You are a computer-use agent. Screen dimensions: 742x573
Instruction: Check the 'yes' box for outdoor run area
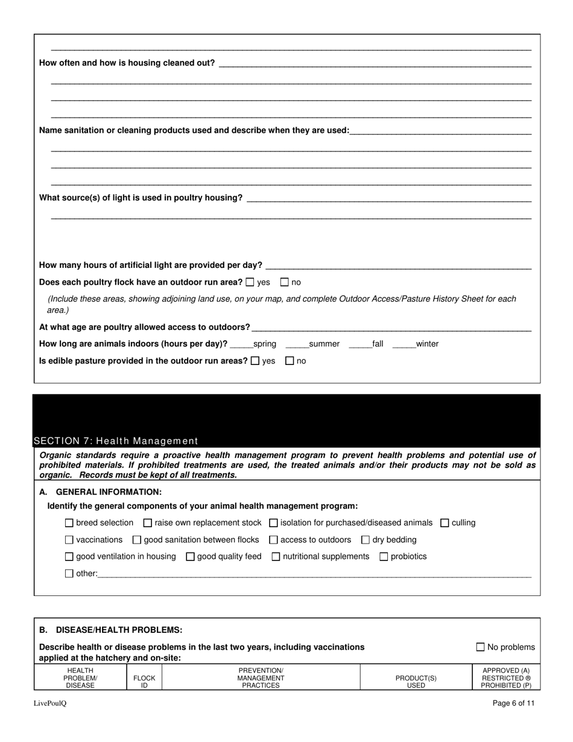(250, 282)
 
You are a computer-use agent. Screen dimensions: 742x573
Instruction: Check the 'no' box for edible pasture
(290, 361)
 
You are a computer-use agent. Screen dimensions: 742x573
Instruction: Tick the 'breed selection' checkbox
(69, 523)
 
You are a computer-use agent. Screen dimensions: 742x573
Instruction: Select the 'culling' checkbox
(445, 523)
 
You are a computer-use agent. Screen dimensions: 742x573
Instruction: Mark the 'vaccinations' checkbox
(69, 540)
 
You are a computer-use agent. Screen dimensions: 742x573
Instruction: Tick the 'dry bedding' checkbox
(366, 540)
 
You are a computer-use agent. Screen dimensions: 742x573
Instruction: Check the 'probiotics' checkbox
(384, 557)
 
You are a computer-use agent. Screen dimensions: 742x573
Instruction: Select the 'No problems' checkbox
(481, 647)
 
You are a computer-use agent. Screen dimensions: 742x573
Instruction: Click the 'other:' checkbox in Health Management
(69, 574)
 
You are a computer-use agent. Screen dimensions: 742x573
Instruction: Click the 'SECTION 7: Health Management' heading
(116, 441)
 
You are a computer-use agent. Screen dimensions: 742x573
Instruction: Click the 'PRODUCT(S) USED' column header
(416, 682)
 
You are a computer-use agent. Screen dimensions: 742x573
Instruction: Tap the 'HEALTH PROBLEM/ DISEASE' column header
(80, 677)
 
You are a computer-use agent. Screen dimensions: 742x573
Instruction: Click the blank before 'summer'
(297, 344)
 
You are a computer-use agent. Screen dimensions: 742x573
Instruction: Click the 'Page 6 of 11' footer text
(513, 703)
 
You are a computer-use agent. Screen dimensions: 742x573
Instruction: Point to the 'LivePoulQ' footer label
(50, 703)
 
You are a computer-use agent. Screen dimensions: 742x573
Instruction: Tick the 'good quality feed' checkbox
(191, 557)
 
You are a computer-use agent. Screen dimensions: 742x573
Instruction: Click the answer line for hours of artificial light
(398, 265)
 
